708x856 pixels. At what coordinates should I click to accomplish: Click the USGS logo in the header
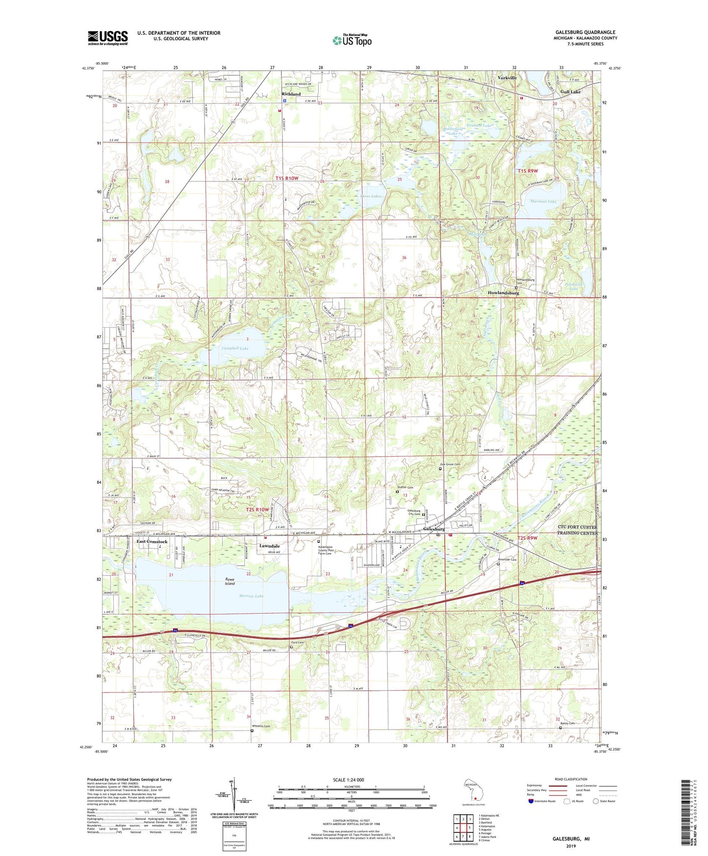pyautogui.click(x=108, y=38)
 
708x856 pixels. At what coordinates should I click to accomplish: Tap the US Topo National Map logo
pyautogui.click(x=352, y=40)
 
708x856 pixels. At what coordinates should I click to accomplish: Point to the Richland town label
pyautogui.click(x=291, y=94)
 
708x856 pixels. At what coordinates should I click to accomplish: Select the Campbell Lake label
pyautogui.click(x=235, y=348)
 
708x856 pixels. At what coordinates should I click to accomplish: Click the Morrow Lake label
pyautogui.click(x=251, y=596)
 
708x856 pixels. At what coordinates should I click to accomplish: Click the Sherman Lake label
pyautogui.click(x=543, y=201)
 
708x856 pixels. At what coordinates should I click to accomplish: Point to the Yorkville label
pyautogui.click(x=507, y=78)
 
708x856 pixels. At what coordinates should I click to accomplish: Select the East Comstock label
pyautogui.click(x=152, y=542)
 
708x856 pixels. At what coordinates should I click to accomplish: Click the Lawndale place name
pyautogui.click(x=269, y=546)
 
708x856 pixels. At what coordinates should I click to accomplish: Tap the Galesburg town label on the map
pyautogui.click(x=434, y=529)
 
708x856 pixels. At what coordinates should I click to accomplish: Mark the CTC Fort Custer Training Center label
pyautogui.click(x=578, y=530)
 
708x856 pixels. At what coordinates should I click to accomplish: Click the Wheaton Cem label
pyautogui.click(x=261, y=726)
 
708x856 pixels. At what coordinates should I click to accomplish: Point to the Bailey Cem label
pyautogui.click(x=565, y=723)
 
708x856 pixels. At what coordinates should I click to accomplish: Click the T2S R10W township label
pyautogui.click(x=257, y=509)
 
